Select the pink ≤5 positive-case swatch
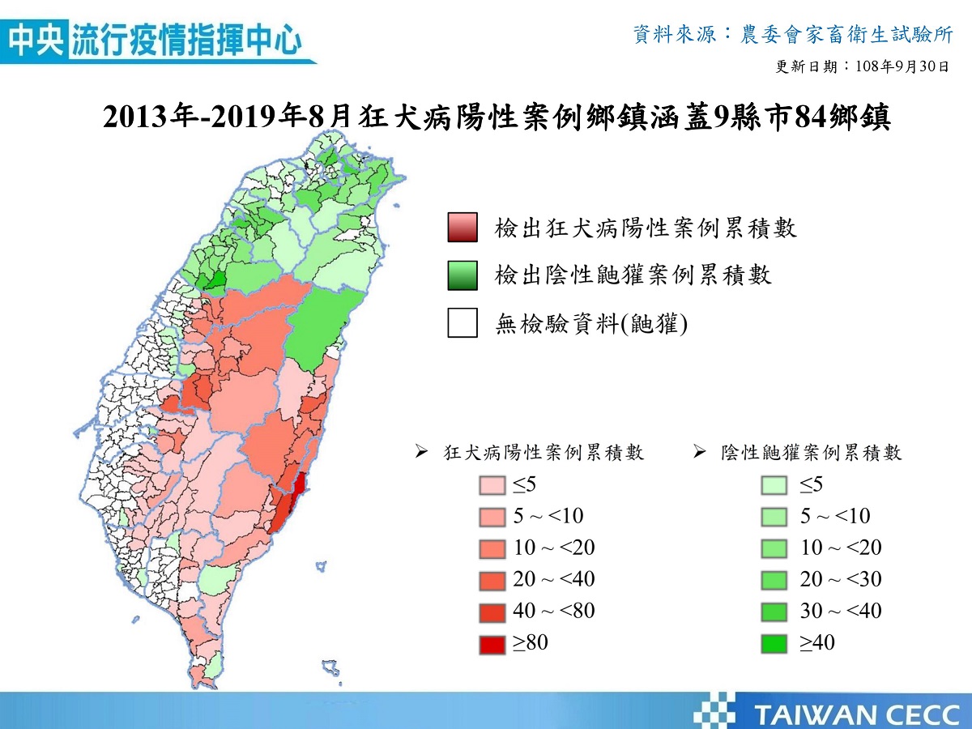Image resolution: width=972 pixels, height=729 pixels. pyautogui.click(x=492, y=485)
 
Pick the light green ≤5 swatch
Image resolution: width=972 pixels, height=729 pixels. pyautogui.click(x=775, y=485)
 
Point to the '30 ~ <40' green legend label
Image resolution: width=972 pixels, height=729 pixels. pyautogui.click(x=841, y=612)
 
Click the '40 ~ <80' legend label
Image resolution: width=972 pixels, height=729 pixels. pyautogui.click(x=554, y=612)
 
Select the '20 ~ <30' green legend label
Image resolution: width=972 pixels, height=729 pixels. pyautogui.click(x=841, y=580)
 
